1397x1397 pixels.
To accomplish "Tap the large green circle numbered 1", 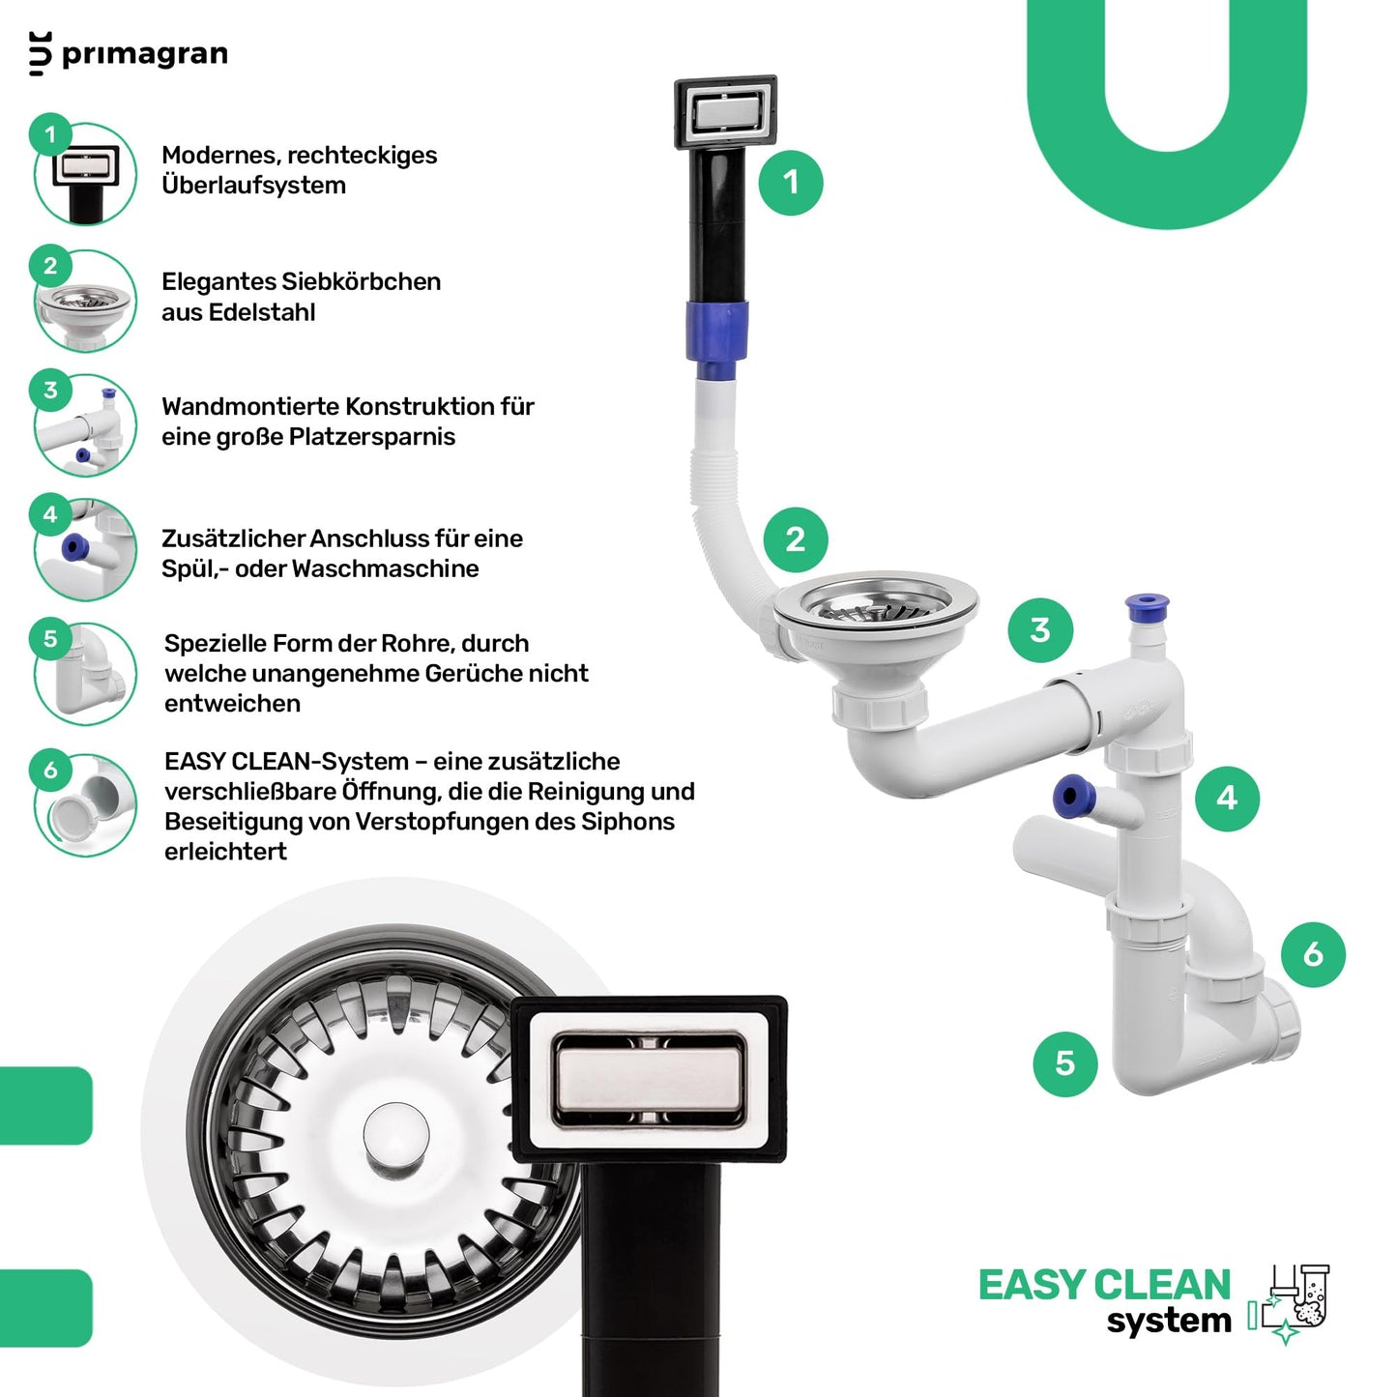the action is [x=791, y=183].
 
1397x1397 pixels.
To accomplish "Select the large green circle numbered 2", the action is [x=796, y=539].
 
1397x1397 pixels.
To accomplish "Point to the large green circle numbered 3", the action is [x=1040, y=630].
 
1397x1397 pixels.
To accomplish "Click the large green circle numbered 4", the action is [x=1228, y=799].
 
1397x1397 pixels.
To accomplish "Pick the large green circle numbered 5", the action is [x=1065, y=1063].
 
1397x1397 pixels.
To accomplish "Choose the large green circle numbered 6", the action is [x=1313, y=954].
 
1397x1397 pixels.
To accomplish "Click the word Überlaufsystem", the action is [x=253, y=185].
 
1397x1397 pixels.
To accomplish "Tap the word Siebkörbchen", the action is [x=361, y=281].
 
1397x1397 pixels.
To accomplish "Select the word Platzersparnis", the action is [x=372, y=437].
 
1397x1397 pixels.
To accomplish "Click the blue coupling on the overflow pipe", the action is [x=717, y=331].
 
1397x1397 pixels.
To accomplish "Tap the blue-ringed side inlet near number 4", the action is [x=1071, y=795].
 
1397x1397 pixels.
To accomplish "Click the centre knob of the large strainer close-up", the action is [x=395, y=1136].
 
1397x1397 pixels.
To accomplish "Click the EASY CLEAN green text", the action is [x=1105, y=1286].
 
